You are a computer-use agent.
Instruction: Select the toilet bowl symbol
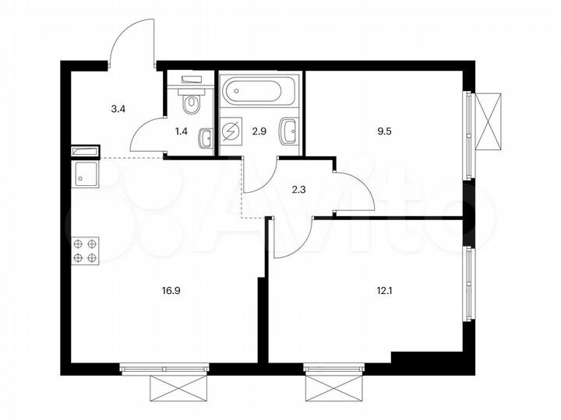191,101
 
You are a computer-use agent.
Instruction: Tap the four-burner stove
84,250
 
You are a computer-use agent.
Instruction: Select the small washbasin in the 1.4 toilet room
205,138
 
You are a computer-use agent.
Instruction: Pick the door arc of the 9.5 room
355,191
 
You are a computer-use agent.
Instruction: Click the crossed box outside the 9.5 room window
492,121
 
